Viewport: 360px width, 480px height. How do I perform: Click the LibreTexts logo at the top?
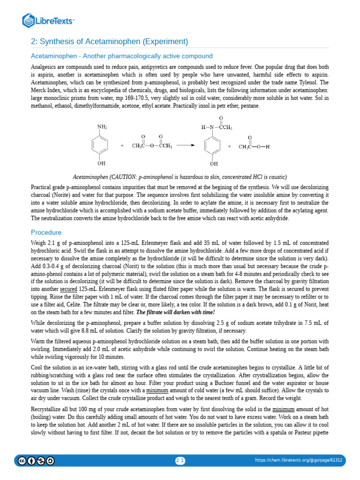pyautogui.click(x=49, y=20)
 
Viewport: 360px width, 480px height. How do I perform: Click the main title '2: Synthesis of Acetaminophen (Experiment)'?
pyautogui.click(x=109, y=41)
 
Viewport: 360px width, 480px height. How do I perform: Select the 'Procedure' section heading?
pyautogui.click(x=46, y=232)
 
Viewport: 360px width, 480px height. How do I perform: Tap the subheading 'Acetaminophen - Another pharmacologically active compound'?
pyautogui.click(x=121, y=56)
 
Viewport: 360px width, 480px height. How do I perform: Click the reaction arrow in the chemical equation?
pyautogui.click(x=186, y=146)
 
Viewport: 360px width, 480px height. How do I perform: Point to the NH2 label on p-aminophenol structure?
pyautogui.click(x=102, y=127)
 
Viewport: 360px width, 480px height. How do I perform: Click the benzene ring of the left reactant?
pyautogui.click(x=101, y=146)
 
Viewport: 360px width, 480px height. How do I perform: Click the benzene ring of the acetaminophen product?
pyautogui.click(x=214, y=146)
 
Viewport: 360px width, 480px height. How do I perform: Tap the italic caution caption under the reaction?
pyautogui.click(x=180, y=177)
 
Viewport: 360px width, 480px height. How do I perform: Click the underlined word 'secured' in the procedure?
pyautogui.click(x=68, y=289)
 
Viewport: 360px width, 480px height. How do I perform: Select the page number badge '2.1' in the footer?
pyautogui.click(x=180, y=461)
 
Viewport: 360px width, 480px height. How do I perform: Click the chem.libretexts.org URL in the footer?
pyautogui.click(x=298, y=460)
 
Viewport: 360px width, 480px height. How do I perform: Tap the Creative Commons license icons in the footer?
pyautogui.click(x=36, y=461)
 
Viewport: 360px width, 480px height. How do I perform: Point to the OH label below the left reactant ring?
pyautogui.click(x=101, y=164)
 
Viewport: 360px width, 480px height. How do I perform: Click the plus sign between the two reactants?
pyautogui.click(x=122, y=146)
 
